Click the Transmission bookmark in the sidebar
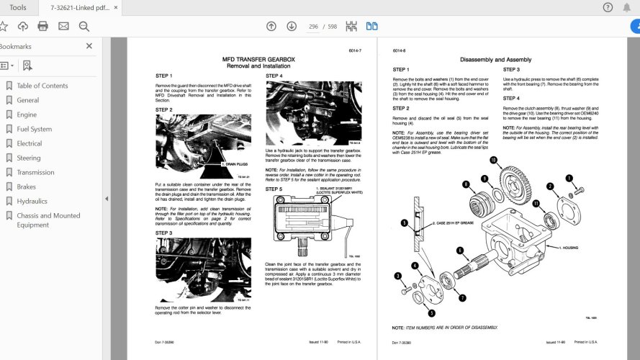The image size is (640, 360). [x=35, y=172]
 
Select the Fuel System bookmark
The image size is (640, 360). [x=34, y=129]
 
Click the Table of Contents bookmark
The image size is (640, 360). [x=42, y=86]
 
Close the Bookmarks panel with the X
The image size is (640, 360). [x=89, y=46]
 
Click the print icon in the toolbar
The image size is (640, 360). [x=42, y=26]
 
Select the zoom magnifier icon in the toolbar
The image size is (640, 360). [x=84, y=26]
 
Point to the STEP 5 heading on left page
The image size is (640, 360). [x=274, y=189]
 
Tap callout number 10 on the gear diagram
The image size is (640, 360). [x=493, y=160]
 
